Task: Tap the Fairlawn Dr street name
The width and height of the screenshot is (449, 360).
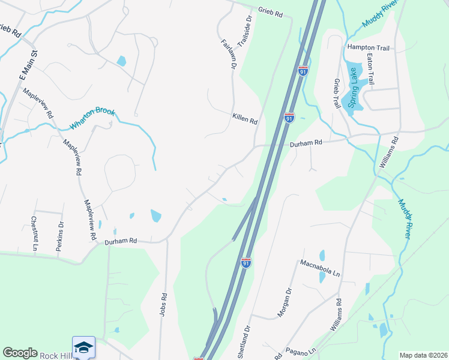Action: (227, 55)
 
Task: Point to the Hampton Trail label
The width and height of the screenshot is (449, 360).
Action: (368, 47)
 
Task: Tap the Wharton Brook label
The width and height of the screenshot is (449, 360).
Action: (92, 119)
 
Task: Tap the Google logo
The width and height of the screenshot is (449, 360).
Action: (20, 353)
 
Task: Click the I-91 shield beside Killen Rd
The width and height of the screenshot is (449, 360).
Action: (289, 118)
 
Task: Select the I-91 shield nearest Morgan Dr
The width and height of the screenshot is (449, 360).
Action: (246, 262)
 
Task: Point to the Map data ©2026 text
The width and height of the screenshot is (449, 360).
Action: (423, 355)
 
